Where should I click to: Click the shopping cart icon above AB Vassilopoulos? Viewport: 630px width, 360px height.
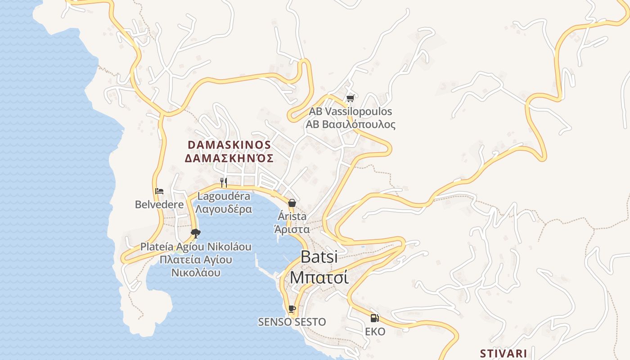click(350, 98)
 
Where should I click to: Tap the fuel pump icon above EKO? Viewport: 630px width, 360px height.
click(374, 318)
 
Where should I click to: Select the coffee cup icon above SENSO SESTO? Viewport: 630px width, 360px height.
click(292, 309)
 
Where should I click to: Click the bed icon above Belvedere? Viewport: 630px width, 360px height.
click(159, 191)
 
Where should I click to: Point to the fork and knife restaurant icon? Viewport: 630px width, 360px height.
click(224, 182)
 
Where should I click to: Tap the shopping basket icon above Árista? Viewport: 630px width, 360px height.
click(292, 203)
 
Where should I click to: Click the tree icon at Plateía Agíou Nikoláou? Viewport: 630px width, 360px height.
click(195, 233)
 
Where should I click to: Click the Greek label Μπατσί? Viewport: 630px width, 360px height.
click(319, 277)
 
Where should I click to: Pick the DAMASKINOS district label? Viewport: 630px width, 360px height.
click(229, 145)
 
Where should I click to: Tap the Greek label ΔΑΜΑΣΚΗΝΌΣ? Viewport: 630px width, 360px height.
click(229, 158)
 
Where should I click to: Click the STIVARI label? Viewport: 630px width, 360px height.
click(504, 353)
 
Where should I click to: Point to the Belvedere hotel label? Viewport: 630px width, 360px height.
click(159, 205)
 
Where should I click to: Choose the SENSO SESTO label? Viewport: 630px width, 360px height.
click(292, 322)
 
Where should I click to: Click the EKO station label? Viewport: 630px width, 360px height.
click(375, 332)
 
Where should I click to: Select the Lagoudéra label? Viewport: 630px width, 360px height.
click(224, 196)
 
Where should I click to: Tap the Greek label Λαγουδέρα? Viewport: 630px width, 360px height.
click(224, 209)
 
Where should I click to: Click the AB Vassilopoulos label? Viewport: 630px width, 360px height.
click(350, 111)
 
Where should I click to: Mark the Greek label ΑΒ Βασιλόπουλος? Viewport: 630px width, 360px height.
click(350, 124)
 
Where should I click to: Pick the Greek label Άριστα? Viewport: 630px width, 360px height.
click(292, 229)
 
